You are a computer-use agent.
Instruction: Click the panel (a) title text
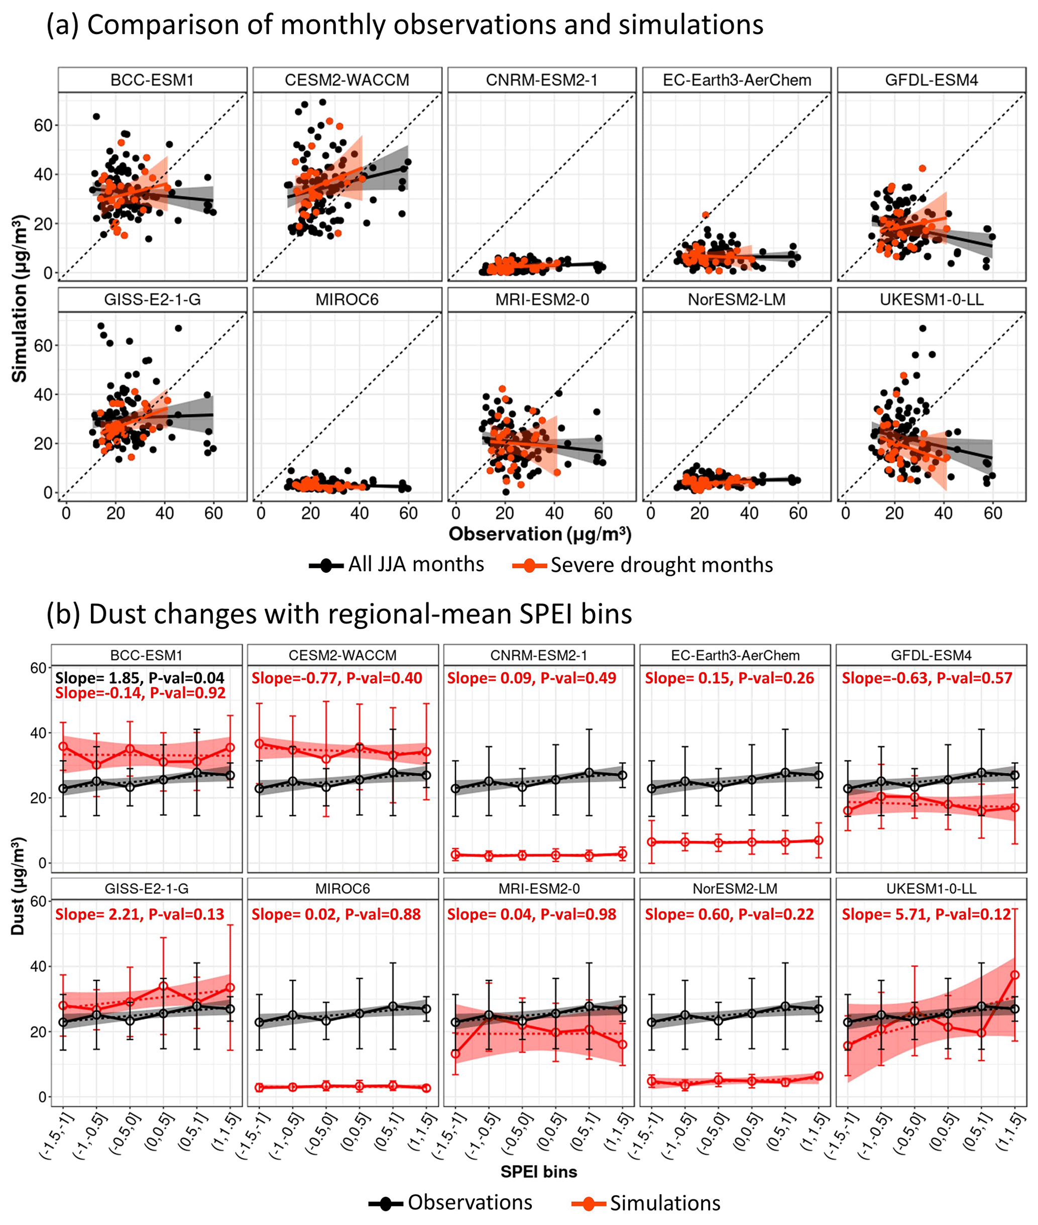405,25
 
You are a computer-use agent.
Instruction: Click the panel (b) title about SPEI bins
339,614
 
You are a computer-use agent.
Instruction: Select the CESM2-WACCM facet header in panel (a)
347,80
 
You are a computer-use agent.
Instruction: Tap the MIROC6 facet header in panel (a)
347,299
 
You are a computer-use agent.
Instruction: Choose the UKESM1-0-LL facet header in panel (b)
931,888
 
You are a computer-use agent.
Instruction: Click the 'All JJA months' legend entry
397,565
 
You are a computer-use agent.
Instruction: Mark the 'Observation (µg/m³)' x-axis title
540,534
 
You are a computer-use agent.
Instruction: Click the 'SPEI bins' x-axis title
538,1172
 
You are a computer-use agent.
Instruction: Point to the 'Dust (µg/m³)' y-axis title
18,886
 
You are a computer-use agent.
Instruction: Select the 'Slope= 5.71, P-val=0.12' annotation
926,914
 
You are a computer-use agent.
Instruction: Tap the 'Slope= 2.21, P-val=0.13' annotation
140,914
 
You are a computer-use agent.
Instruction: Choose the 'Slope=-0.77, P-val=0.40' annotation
336,678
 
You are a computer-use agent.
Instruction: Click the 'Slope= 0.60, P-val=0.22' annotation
729,914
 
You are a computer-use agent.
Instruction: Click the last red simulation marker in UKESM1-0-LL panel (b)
1014,975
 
